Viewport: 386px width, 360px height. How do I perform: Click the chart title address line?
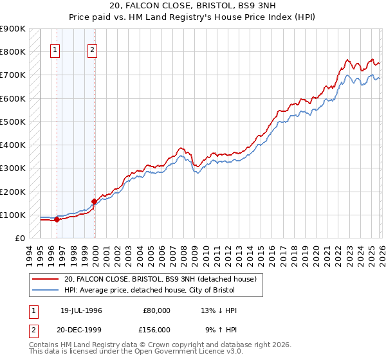tap(193, 6)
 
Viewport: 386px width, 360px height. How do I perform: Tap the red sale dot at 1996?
tap(57, 219)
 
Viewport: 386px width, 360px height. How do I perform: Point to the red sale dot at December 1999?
tap(95, 201)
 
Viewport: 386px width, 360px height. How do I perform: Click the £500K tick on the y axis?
tap(13, 122)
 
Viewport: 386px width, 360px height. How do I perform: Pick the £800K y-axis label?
tap(13, 51)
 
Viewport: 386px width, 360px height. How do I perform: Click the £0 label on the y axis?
tap(19, 238)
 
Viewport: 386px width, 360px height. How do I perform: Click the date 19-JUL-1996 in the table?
tap(81, 310)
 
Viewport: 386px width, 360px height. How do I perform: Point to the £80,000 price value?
tap(156, 310)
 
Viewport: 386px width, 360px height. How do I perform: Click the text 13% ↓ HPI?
tap(219, 310)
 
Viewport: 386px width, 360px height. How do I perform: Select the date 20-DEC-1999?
tap(81, 330)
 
